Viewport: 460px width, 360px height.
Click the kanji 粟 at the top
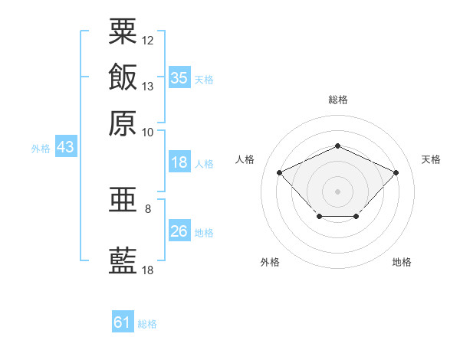[123, 31]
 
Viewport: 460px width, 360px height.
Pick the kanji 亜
[123, 201]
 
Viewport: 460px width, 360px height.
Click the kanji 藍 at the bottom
[123, 261]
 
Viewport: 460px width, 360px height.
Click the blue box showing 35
[179, 78]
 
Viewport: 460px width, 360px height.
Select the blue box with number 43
[65, 147]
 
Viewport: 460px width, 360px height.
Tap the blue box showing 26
[179, 231]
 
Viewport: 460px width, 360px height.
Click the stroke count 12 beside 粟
[148, 40]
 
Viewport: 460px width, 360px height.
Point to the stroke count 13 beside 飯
[148, 86]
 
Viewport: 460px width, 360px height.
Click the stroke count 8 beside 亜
[148, 208]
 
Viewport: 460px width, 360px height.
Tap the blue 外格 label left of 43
[41, 149]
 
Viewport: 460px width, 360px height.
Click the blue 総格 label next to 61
[147, 324]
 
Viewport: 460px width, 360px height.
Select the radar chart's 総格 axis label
[337, 100]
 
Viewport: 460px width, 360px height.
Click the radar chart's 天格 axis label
[431, 159]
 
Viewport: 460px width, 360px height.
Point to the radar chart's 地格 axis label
[402, 262]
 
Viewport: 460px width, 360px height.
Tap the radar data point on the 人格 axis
[280, 172]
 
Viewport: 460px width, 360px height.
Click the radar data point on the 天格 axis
[396, 172]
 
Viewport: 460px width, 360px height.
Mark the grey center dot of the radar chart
[337, 191]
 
